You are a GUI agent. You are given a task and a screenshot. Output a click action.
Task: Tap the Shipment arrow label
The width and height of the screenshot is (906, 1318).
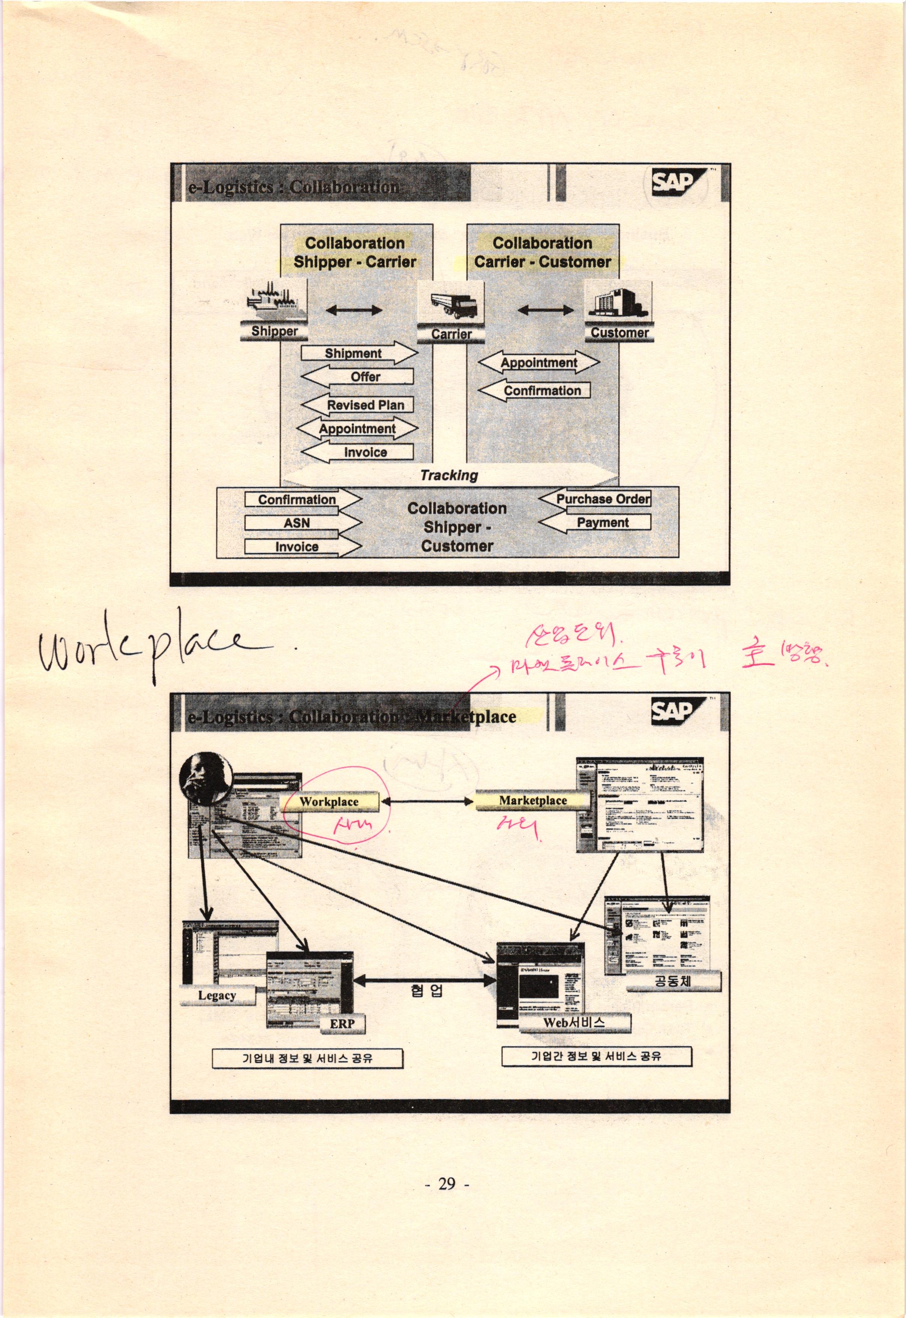[x=354, y=353]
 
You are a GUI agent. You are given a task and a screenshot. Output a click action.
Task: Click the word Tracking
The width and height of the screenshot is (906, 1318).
[x=449, y=475]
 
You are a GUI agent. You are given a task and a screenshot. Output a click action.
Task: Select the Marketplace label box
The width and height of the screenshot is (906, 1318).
[x=532, y=801]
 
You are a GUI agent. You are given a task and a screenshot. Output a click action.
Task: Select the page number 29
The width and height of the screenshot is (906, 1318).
[x=447, y=1184]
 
